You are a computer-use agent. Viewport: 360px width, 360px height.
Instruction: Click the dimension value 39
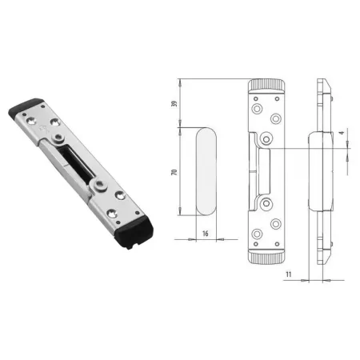click(x=174, y=103)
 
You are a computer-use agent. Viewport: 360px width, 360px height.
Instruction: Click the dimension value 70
click(x=174, y=172)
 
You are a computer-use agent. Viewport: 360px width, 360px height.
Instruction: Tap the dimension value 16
click(x=206, y=234)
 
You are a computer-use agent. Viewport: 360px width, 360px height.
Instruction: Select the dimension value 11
click(x=289, y=274)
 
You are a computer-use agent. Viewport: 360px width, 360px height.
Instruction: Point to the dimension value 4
click(x=342, y=132)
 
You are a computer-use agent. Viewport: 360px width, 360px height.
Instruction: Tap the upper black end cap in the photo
click(x=26, y=109)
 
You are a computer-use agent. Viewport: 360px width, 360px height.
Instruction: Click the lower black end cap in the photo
click(x=135, y=232)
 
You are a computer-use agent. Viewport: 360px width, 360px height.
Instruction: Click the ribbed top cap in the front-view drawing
click(x=266, y=86)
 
